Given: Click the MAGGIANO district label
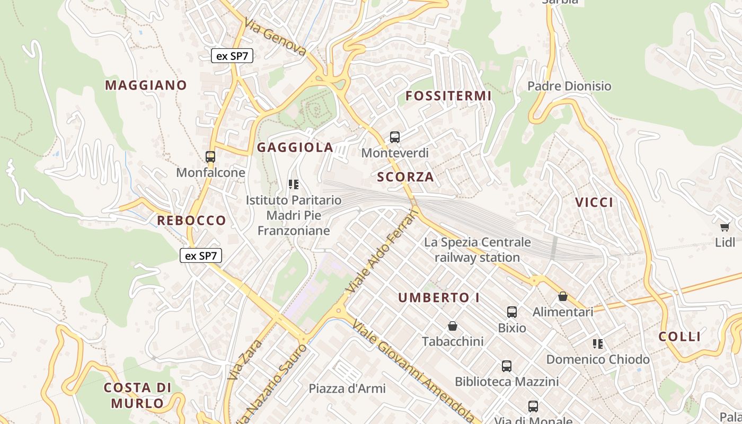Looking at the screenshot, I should pos(146,85).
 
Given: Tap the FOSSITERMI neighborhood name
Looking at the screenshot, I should pos(448,96).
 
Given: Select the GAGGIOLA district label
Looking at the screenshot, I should pos(295,147).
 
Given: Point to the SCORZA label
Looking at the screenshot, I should pos(405,177).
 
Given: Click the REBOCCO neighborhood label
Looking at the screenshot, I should pos(191,220).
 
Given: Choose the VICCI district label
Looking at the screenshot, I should pos(594,202).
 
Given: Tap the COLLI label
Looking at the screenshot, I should pos(679,337).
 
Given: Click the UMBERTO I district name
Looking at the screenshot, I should pos(439,298).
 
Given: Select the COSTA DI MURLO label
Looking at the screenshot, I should pos(137,395).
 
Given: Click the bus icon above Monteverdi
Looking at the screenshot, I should pos(395,137).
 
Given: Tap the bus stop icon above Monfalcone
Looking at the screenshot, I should pos(210,157).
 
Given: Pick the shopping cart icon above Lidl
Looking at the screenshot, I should pos(725,227).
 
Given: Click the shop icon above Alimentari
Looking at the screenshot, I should pos(563,296).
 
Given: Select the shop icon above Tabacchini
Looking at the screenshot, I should pos(453,325).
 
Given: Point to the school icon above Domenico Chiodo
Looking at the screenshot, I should pos(598,344).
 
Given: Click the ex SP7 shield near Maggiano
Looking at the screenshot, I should pos(232,56).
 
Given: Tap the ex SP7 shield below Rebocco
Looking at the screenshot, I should pos(201,256).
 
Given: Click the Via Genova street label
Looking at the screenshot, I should pos(276,38).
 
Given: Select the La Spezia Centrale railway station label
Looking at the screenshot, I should pos(477,250).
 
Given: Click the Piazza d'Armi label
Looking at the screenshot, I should pos(347,388).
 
